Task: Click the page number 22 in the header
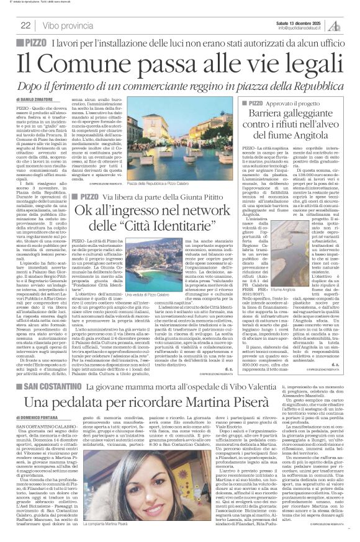click(x=25, y=25)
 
